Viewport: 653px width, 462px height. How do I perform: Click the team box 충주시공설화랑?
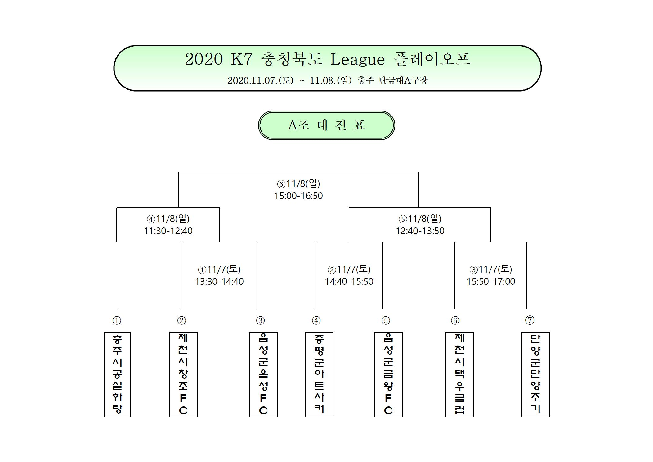click(117, 374)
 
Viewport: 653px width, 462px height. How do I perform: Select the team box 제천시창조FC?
click(183, 374)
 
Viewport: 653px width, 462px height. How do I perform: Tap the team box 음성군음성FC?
click(263, 374)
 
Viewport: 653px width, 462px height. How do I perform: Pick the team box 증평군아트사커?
click(319, 374)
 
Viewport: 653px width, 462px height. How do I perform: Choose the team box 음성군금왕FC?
click(388, 374)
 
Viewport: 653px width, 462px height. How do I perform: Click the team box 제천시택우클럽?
click(460, 374)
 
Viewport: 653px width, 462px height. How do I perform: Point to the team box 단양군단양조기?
click(535, 374)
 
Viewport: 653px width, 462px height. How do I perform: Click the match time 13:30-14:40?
click(219, 282)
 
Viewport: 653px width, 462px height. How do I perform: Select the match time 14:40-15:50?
click(349, 282)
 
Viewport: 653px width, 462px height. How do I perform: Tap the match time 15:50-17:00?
click(491, 282)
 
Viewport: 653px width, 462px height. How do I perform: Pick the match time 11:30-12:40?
click(168, 231)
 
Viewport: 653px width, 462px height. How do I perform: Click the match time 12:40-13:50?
click(420, 231)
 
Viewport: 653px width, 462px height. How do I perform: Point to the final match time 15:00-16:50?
click(298, 196)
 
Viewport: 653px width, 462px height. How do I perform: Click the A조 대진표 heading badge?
click(327, 125)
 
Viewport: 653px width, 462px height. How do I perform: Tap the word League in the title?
click(358, 60)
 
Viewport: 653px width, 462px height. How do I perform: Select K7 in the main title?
click(241, 59)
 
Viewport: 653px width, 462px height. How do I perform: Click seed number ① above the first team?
click(117, 320)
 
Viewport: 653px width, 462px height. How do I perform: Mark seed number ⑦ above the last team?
click(530, 320)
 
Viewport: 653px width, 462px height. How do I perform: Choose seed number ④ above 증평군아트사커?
click(316, 320)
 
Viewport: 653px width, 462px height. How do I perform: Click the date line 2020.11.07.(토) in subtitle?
click(260, 80)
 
